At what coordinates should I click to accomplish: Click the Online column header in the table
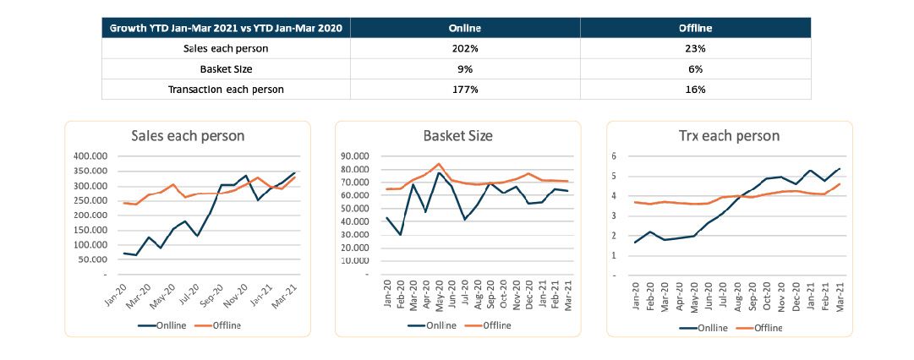coord(465,28)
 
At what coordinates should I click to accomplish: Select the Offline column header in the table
coord(695,28)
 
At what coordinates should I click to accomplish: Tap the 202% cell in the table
coord(465,48)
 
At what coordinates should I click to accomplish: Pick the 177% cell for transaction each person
coord(465,89)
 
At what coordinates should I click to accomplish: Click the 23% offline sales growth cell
coord(695,48)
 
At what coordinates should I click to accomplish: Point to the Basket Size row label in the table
coord(226,68)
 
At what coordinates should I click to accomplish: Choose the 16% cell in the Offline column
coord(695,89)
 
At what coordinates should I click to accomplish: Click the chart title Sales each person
coord(187,136)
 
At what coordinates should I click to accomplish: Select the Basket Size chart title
coord(457,136)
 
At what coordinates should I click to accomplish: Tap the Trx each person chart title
coord(730,136)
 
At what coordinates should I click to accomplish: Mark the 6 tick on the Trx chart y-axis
coord(627,156)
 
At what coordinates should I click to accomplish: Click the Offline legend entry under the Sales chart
coord(223,325)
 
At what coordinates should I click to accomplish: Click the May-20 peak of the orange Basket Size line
coord(439,164)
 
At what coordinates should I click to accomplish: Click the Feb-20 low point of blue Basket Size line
coord(400,234)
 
